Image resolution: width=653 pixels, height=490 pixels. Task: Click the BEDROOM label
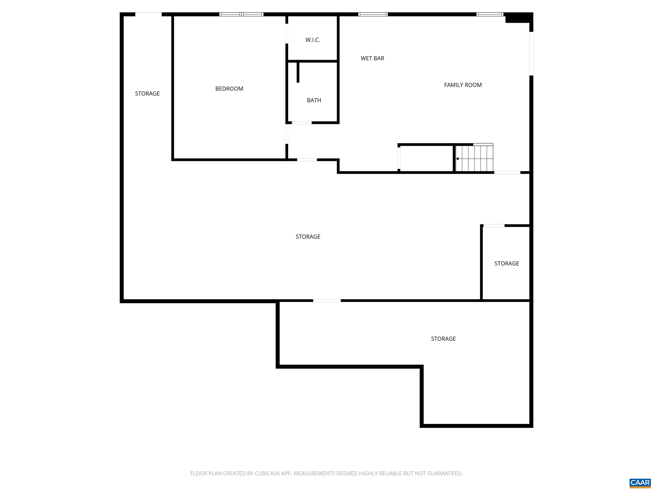229,89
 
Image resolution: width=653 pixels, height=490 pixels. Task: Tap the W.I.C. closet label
313,40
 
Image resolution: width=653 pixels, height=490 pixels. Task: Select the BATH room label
314,100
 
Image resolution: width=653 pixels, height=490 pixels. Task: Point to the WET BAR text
372,58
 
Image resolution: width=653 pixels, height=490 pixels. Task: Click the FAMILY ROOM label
463,85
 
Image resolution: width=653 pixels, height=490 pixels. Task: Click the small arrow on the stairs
457,159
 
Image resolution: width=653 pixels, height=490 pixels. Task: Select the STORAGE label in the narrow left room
147,94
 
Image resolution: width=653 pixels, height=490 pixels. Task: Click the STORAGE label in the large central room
308,236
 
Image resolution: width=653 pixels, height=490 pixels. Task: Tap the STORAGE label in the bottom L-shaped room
443,339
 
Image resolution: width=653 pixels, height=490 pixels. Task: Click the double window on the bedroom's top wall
241,14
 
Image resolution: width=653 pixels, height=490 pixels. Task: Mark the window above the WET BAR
373,14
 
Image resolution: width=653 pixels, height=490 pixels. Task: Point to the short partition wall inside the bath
298,72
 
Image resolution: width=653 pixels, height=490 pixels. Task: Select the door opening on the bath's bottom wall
301,122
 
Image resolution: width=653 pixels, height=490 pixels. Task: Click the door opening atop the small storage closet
494,226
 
